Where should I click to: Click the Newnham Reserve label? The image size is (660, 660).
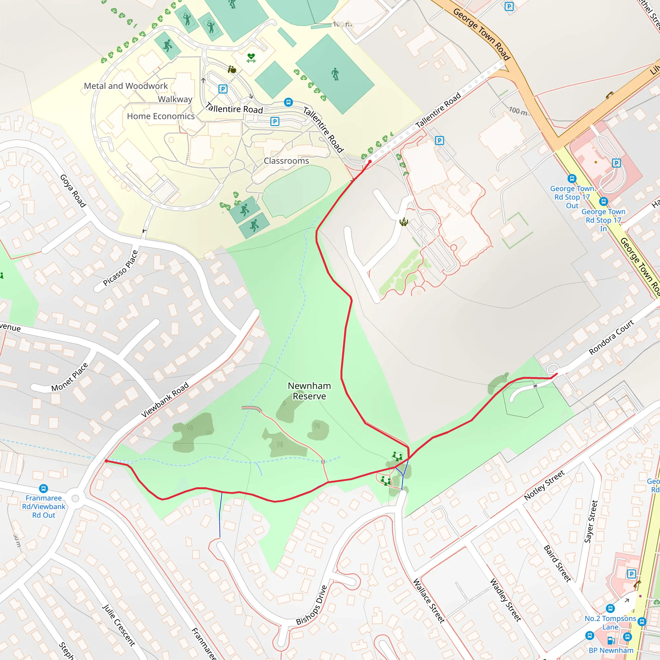point(309,391)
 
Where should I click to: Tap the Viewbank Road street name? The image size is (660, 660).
point(165,400)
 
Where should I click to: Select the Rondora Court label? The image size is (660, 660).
point(611,337)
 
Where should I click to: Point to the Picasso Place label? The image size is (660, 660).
point(121,268)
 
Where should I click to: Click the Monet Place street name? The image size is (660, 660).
point(70,377)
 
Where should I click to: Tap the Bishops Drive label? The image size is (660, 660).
point(312,605)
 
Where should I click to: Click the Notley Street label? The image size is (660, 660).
point(544,485)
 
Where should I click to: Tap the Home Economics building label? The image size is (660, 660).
point(160,116)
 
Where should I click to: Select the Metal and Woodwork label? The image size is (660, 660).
point(126,86)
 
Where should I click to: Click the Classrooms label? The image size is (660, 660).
point(286,161)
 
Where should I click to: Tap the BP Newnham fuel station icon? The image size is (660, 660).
point(611,641)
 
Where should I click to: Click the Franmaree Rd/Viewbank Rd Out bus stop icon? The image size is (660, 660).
point(44,489)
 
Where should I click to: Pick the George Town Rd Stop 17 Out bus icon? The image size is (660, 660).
point(572,179)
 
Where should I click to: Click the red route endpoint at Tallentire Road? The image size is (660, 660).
point(370,161)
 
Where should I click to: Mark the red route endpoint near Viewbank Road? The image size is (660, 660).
point(106,461)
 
